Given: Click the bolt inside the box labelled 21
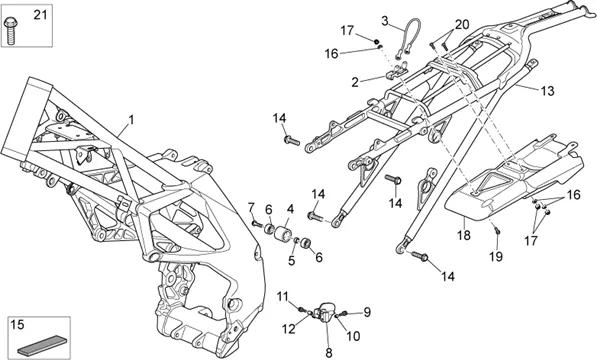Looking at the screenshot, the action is (10, 30).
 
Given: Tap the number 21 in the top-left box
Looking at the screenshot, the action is (40, 15).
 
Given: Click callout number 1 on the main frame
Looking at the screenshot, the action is (131, 120).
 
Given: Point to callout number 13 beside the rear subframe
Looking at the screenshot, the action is (547, 91).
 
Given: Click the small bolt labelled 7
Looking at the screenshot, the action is (257, 224).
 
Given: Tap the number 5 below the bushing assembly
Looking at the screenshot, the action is (292, 261).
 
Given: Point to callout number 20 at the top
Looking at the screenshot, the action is (462, 25).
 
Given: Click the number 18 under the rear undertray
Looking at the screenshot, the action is (464, 235).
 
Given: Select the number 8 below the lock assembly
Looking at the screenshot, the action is (329, 353).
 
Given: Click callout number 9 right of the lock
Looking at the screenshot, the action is (367, 312).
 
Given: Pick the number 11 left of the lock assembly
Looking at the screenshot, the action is (283, 296).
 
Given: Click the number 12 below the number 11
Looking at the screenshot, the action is (289, 329).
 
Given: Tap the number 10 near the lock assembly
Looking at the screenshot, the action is (353, 336).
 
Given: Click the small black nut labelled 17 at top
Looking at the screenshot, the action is (377, 41).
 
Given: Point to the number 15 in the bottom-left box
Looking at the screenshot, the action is (17, 325).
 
